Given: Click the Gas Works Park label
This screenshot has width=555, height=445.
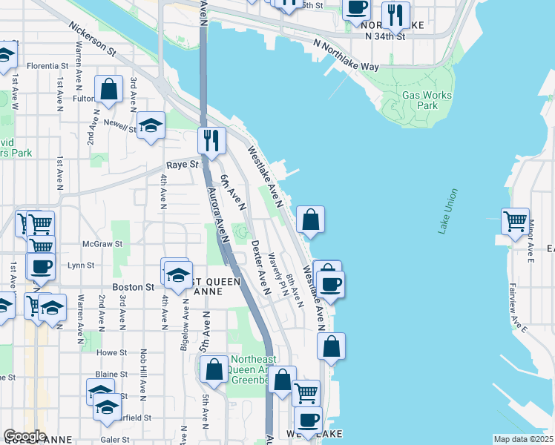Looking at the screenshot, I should (419, 100).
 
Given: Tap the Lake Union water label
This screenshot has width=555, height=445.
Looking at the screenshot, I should (448, 212).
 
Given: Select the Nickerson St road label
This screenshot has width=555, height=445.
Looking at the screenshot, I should (92, 38).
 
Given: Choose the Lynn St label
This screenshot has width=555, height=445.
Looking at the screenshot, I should (81, 265).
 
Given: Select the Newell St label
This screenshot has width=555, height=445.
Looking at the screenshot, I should (120, 127).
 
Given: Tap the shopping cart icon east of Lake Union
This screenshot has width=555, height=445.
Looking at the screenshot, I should (515, 221).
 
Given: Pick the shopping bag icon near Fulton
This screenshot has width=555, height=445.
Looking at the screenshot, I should (109, 89).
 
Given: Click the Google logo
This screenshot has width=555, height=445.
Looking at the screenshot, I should (24, 436).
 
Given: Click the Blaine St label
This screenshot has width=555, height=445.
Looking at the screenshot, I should (113, 375).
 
